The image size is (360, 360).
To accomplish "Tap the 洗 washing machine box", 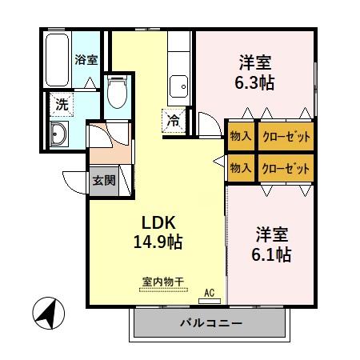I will [61, 103].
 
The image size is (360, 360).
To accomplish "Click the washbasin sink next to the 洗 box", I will [59, 134].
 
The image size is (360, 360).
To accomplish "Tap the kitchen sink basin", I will [178, 84].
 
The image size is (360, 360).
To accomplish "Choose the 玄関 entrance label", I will [103, 180].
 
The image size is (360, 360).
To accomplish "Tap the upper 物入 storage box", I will [241, 136].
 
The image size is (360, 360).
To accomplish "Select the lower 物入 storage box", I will [241, 168].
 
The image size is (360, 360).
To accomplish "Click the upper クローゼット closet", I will [285, 136].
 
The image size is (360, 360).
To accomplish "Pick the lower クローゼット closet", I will [285, 168].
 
